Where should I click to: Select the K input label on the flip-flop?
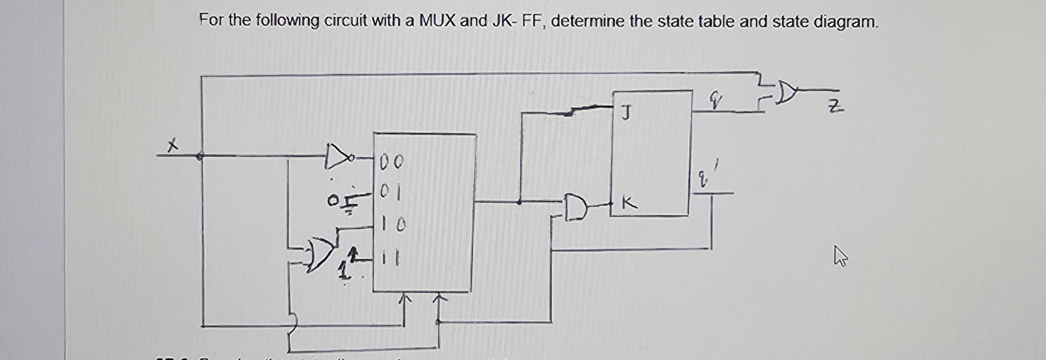629,204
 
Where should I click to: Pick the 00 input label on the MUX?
391,161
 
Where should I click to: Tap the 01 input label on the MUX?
390,192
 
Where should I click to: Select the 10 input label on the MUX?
392,224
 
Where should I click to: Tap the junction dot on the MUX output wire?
520,202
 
